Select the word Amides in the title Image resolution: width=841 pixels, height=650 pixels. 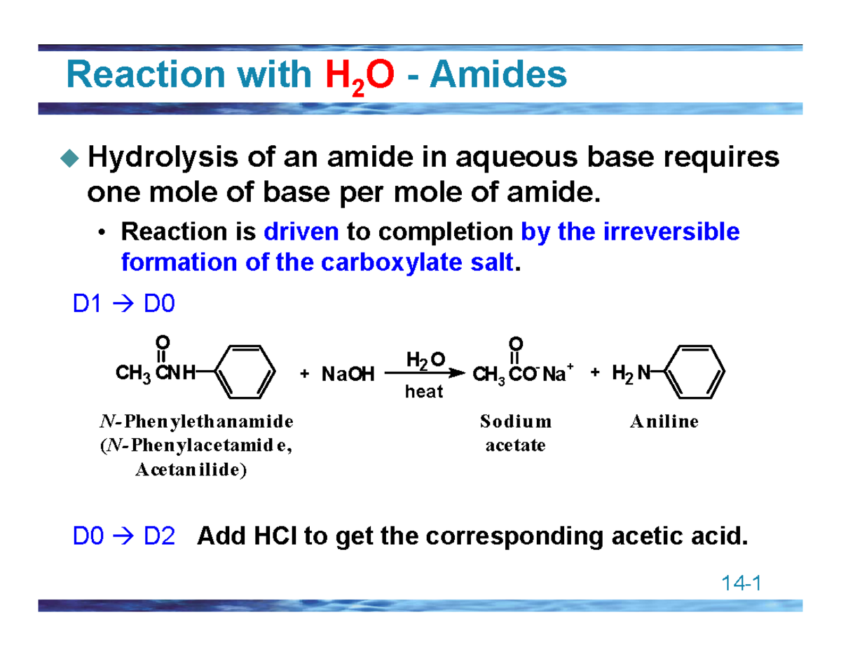(498, 75)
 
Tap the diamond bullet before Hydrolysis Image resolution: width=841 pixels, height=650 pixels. (69, 160)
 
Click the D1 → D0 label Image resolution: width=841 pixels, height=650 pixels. (123, 305)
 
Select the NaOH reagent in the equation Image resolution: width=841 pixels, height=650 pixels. (348, 374)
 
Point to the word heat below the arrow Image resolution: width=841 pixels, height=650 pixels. (424, 393)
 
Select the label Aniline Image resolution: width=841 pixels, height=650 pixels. (664, 422)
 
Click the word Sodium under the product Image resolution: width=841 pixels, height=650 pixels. (516, 422)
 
